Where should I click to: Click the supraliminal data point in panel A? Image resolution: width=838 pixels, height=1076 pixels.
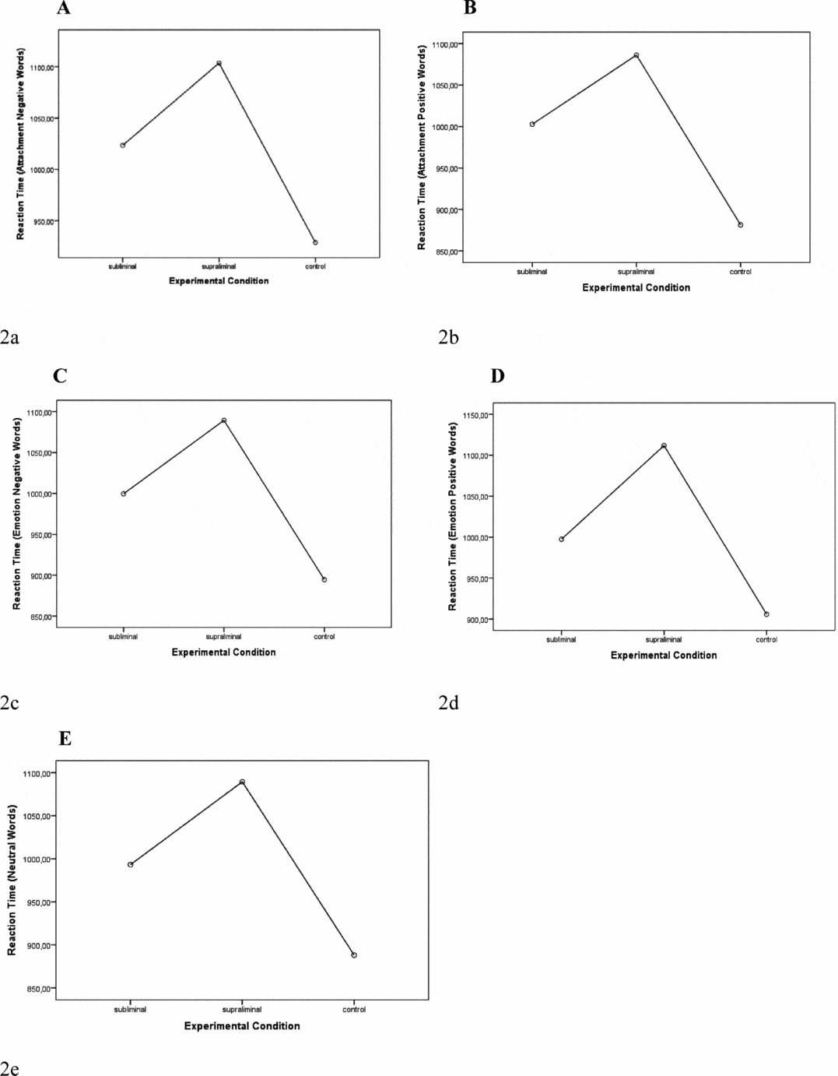(x=219, y=63)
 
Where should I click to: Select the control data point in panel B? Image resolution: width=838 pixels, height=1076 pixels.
(x=740, y=225)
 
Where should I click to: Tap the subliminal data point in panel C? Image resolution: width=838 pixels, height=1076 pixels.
(x=123, y=494)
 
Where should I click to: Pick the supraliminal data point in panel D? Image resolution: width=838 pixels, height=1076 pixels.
(x=664, y=445)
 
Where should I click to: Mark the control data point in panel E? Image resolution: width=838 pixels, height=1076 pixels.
(x=354, y=955)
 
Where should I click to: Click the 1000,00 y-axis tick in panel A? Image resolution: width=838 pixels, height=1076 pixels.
(x=42, y=170)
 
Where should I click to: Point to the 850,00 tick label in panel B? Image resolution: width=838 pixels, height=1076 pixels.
(x=447, y=252)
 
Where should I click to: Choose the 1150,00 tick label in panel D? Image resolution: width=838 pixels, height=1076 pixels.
(x=475, y=416)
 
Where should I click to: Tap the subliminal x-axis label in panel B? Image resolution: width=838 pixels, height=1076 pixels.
(x=532, y=272)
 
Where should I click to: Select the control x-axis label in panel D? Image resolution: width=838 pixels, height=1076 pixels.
(x=766, y=640)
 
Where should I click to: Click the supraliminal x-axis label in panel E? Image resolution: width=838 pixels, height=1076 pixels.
(x=242, y=1010)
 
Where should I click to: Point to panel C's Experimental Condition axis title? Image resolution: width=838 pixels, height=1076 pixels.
(x=223, y=652)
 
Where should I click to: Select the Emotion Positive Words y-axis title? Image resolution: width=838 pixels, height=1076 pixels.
(x=453, y=516)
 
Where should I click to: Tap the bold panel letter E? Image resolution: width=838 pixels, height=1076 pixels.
(x=65, y=739)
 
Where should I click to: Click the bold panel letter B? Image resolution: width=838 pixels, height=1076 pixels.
(x=470, y=9)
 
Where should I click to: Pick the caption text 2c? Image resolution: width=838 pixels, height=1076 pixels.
(x=9, y=703)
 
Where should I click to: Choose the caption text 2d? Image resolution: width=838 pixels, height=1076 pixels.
(x=449, y=703)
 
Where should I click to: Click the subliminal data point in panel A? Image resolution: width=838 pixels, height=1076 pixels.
(x=123, y=145)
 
